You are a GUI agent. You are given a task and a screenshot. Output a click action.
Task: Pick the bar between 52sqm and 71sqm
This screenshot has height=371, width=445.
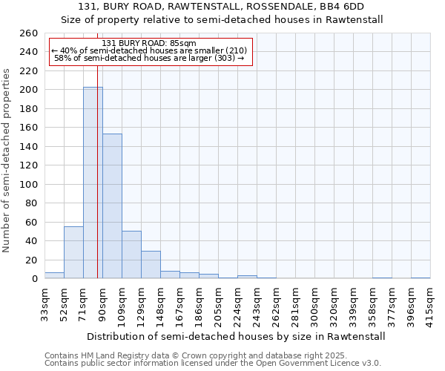click(73, 252)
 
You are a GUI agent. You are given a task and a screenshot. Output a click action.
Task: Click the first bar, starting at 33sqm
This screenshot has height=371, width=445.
click(54, 275)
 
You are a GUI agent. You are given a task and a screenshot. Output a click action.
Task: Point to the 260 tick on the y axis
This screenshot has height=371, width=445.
click(28, 33)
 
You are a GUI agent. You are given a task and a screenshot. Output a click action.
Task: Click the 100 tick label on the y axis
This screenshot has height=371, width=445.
click(28, 184)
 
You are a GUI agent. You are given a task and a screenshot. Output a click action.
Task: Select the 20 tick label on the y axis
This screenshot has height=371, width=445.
click(31, 260)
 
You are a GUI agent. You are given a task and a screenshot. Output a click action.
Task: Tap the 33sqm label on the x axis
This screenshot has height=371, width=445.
click(44, 302)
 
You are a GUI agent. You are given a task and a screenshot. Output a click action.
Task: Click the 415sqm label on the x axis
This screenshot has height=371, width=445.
click(430, 304)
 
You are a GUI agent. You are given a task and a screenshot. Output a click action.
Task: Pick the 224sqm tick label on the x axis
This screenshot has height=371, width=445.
click(237, 304)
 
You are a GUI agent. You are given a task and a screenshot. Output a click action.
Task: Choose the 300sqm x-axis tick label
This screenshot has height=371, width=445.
click(314, 304)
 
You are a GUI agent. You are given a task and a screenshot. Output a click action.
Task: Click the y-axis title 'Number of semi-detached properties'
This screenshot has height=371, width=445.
click(7, 160)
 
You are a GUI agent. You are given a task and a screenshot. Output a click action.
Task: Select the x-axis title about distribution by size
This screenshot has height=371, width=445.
click(236, 337)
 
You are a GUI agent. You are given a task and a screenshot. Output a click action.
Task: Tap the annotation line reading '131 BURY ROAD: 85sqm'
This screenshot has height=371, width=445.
click(149, 43)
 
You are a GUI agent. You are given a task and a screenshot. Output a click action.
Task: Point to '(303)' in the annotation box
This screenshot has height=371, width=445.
click(224, 58)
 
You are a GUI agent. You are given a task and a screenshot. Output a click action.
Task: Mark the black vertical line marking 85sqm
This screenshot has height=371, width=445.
click(98, 185)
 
